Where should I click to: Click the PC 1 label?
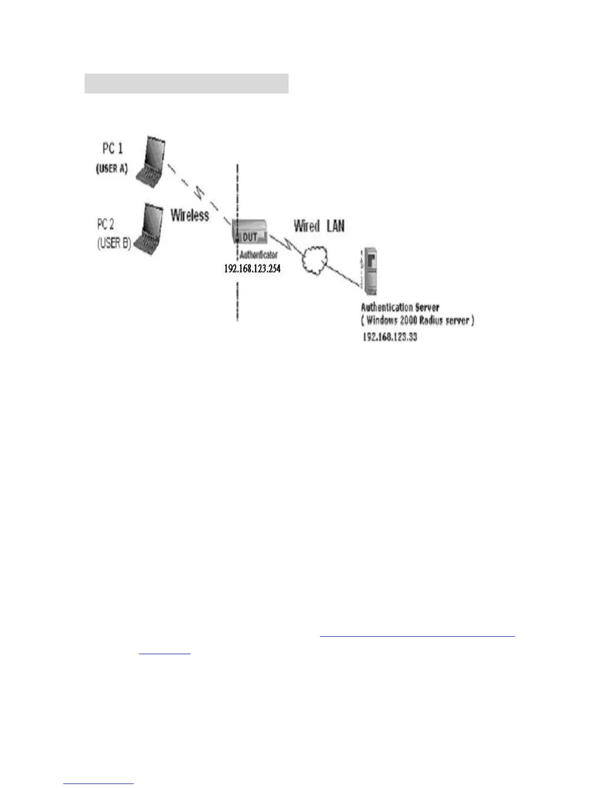click(112, 148)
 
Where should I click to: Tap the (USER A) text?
click(111, 169)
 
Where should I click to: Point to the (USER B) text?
click(114, 244)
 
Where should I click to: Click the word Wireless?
click(190, 215)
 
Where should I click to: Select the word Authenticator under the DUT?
click(258, 255)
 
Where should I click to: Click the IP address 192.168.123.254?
click(252, 269)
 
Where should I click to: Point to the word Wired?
click(306, 226)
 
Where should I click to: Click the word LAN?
click(335, 226)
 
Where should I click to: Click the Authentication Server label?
click(400, 307)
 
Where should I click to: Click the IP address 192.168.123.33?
click(390, 337)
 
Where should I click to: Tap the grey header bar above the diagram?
click(187, 84)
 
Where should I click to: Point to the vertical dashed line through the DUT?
click(237, 298)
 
